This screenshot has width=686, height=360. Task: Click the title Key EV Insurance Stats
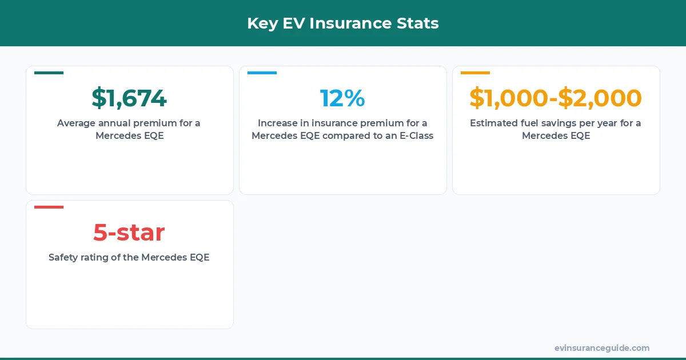(x=343, y=23)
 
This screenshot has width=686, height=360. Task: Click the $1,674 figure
(x=129, y=98)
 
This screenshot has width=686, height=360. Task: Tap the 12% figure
(x=342, y=98)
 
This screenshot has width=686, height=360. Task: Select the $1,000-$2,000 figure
(x=556, y=98)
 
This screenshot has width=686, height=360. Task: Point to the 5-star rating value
(x=129, y=233)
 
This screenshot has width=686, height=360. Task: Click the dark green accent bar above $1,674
(x=49, y=73)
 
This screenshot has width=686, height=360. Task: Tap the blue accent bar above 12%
(x=262, y=73)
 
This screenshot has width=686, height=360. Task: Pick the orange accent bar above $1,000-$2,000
(x=475, y=73)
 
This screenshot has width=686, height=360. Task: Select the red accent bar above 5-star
(x=49, y=207)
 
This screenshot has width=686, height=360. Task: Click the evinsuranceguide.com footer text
(x=602, y=348)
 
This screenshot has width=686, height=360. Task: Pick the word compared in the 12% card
(x=344, y=136)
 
